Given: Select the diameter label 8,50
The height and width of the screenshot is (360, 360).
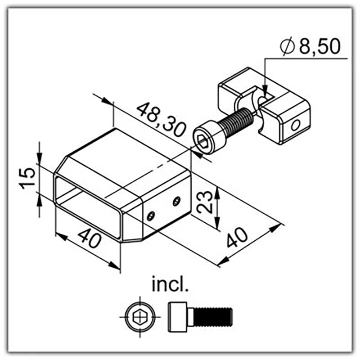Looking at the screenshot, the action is click(x=319, y=46).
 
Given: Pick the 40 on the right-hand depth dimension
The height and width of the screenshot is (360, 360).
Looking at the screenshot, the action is click(x=237, y=238).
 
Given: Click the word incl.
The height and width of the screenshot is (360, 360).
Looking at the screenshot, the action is click(x=170, y=284).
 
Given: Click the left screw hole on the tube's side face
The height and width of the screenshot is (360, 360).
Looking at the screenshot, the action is click(x=151, y=216).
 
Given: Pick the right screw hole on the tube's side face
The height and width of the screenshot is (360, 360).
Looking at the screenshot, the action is click(x=176, y=201).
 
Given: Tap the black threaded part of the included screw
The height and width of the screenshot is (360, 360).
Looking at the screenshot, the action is click(x=213, y=317).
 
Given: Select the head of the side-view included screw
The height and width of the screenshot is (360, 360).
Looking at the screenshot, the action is click(x=178, y=317).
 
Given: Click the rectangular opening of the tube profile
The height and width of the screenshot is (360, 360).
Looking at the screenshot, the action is click(x=88, y=207).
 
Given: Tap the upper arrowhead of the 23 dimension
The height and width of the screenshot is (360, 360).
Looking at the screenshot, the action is click(x=217, y=192).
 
